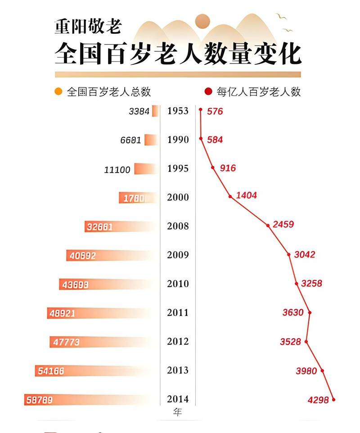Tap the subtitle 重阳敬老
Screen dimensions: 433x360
(88, 26)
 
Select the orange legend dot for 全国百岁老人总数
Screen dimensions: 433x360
(58, 92)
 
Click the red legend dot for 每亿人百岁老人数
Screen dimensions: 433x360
(208, 92)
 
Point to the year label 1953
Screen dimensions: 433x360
(177, 111)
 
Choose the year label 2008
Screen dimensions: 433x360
(177, 226)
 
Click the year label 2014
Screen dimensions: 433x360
(177, 399)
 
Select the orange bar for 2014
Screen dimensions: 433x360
(90, 399)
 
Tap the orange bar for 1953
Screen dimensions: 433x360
(155, 111)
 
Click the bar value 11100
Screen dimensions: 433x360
(117, 170)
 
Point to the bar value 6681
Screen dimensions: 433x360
(131, 140)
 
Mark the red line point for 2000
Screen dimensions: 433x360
(230, 196)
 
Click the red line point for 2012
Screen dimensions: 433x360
(306, 342)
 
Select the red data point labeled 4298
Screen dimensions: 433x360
(333, 399)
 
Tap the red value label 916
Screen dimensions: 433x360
(228, 168)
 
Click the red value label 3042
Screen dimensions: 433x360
(305, 255)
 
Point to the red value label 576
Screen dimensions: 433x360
(215, 111)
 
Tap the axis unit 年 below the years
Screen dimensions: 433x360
(177, 412)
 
